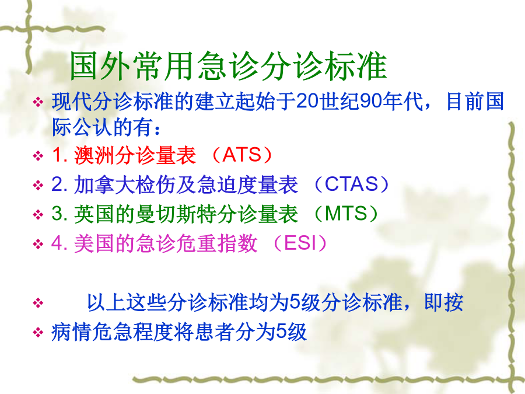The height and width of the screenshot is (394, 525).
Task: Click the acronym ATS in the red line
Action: click(x=242, y=155)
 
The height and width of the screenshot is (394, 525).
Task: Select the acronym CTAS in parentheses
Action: click(x=352, y=184)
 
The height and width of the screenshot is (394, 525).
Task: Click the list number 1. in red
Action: click(x=60, y=155)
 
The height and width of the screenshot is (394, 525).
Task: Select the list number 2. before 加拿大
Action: click(x=60, y=184)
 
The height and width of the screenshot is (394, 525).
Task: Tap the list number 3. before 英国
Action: click(x=60, y=214)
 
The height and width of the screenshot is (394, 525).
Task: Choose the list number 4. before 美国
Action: click(x=60, y=243)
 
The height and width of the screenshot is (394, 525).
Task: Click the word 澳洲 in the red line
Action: click(x=94, y=155)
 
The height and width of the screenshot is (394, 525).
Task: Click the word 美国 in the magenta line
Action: click(x=94, y=243)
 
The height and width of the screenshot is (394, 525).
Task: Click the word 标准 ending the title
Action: click(x=356, y=66)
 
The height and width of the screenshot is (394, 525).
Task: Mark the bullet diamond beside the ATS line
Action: click(x=38, y=156)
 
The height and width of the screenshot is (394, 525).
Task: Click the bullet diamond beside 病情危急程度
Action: click(x=38, y=332)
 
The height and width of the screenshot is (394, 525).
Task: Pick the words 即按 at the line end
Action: click(x=444, y=302)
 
